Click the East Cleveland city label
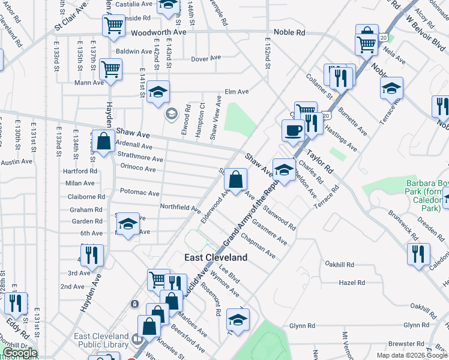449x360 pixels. tap(215, 257)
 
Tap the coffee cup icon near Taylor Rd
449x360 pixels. tap(293, 130)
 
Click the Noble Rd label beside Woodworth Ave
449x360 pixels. tap(289, 32)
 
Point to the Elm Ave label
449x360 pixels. tap(237, 92)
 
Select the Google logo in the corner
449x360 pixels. tap(20, 353)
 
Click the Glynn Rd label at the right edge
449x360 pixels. tap(416, 325)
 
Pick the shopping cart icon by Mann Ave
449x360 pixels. tap(110, 69)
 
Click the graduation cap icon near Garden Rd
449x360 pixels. tap(127, 224)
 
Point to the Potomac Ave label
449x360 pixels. tap(139, 193)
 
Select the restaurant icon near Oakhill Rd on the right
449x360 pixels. tap(418, 253)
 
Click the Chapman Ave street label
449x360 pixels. tap(258, 247)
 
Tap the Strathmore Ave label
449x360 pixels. tap(141, 159)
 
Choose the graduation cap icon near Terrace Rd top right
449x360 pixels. tap(391, 88)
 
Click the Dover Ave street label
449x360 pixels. tap(206, 59)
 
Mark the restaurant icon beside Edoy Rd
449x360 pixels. tap(16, 302)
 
